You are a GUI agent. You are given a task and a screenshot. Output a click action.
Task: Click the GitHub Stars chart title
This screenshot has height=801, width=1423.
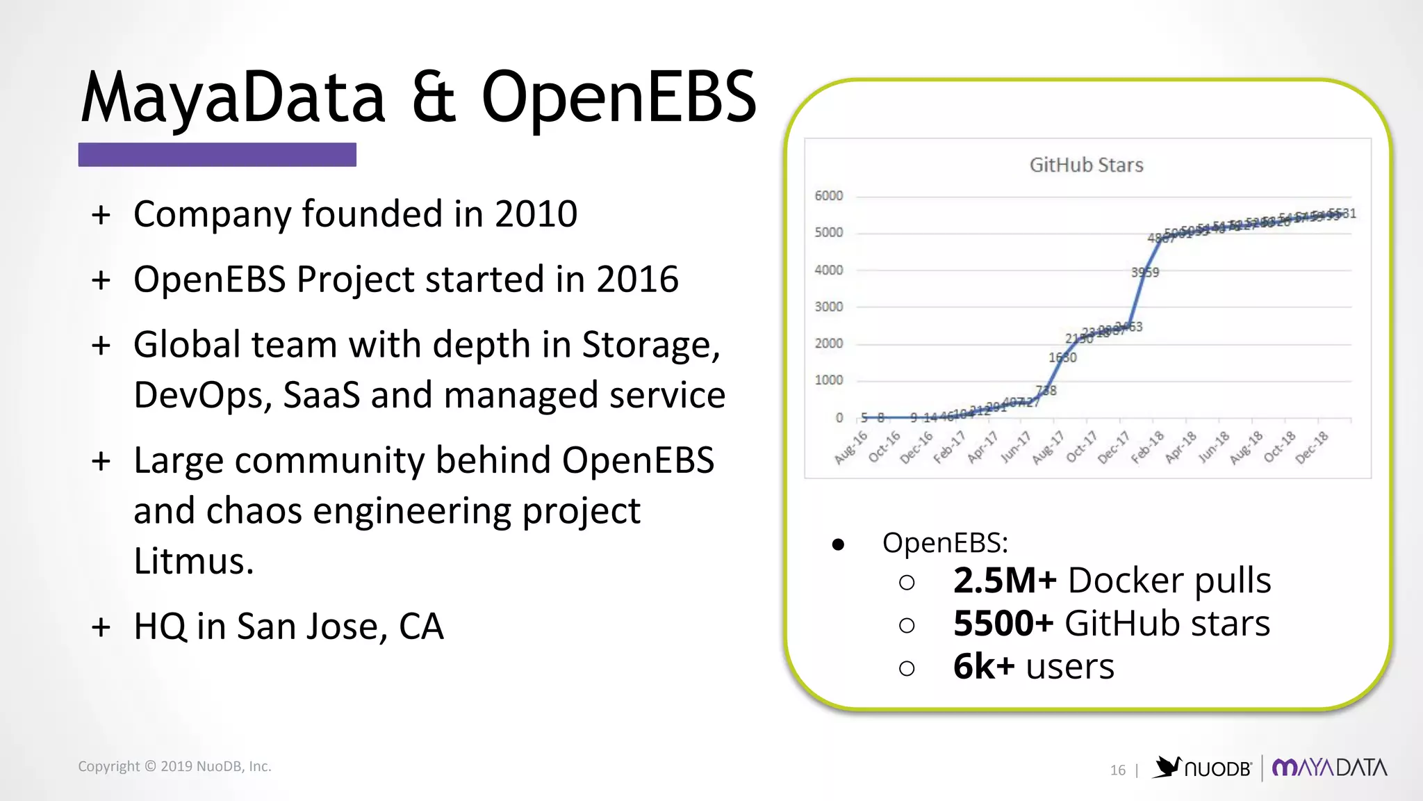[1086, 165]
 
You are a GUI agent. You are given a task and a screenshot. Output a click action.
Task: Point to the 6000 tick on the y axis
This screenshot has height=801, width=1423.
[828, 196]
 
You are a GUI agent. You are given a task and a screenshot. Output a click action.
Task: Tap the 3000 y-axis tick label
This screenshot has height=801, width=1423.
[828, 307]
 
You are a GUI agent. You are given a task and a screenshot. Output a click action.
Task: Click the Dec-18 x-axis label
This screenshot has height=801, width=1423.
[1313, 446]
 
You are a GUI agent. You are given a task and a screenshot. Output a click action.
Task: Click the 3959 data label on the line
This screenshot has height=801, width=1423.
[1145, 272]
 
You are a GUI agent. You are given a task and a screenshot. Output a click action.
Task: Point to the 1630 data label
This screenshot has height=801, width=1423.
[1062, 357]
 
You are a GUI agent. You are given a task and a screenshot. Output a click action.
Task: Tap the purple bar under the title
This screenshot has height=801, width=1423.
[217, 154]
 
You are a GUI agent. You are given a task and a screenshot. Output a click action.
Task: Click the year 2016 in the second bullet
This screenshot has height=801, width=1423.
[637, 279]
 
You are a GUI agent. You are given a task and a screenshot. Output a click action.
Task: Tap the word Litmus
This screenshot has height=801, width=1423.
[193, 561]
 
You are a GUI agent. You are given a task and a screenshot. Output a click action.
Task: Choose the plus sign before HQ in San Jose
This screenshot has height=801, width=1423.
[101, 626]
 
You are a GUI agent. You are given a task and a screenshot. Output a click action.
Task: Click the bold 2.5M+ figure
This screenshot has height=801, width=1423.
[1005, 581]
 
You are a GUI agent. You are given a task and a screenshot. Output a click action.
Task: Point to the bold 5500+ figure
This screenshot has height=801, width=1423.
[1003, 624]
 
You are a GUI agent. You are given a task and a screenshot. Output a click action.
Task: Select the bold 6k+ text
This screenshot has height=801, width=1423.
[984, 667]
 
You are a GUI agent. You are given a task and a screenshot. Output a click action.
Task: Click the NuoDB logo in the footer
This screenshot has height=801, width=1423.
[1203, 768]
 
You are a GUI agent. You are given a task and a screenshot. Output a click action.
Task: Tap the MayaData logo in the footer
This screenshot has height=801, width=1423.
[1329, 768]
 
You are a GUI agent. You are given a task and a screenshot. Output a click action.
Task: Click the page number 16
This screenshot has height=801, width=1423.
[1117, 770]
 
